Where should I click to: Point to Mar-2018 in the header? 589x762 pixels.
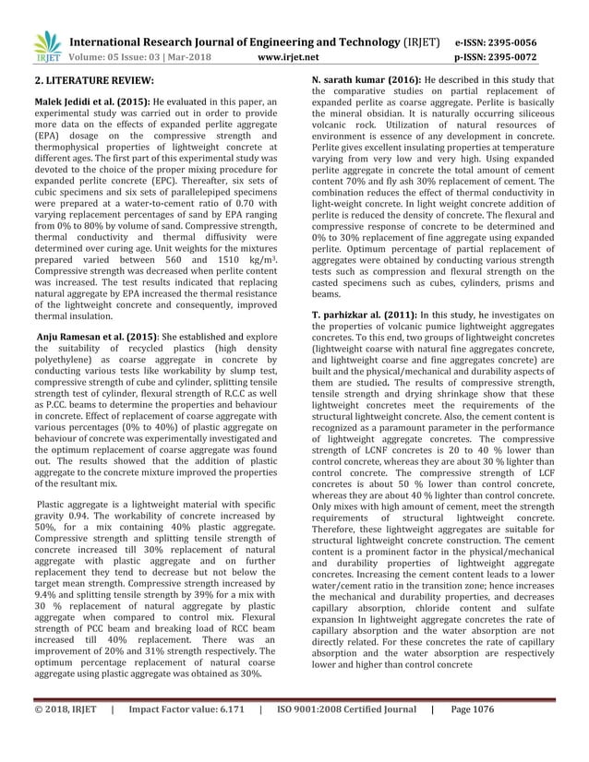[x=190, y=56]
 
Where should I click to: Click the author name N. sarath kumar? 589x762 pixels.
[x=353, y=81]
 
